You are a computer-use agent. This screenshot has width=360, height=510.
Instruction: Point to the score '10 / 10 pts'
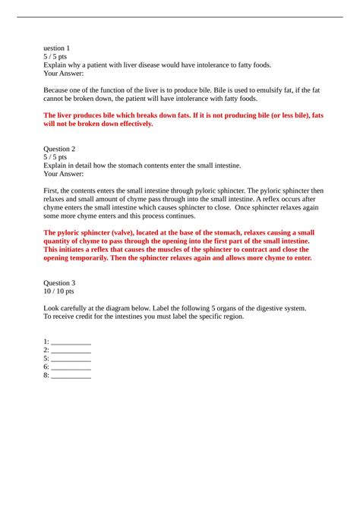pos(60,291)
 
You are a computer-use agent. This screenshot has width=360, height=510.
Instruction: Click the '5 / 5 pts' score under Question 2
pos(57,157)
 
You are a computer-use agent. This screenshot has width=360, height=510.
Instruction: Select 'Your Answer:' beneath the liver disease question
pos(65,74)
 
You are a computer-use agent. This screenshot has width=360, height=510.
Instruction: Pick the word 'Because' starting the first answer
pos(58,90)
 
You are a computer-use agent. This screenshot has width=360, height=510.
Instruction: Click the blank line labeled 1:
pos(71,342)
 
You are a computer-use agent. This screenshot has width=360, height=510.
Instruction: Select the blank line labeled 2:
pos(71,351)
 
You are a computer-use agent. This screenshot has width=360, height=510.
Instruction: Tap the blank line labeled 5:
pos(71,359)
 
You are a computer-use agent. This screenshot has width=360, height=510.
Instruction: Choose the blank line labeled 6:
pos(71,367)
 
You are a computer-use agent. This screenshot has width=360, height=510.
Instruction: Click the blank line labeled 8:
pos(71,376)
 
